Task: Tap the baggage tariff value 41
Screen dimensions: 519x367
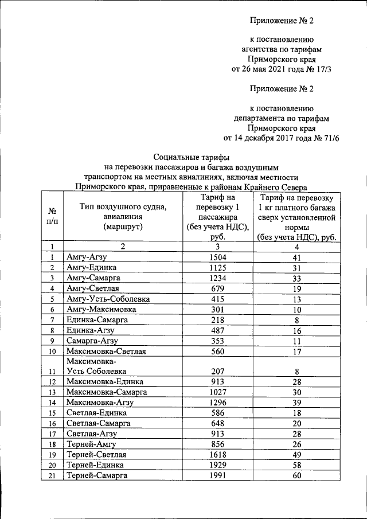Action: click(x=296, y=257)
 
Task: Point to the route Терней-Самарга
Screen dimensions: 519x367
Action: click(x=97, y=475)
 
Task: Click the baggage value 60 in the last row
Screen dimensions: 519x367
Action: click(x=296, y=475)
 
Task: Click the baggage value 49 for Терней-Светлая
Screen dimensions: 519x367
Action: click(x=296, y=454)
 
